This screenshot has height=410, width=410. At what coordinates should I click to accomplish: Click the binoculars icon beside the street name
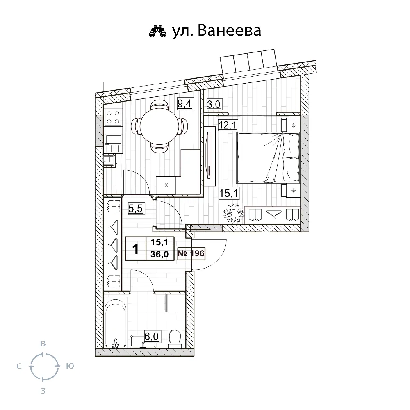(x=157, y=31)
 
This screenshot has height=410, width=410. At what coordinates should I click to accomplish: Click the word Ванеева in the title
(x=229, y=31)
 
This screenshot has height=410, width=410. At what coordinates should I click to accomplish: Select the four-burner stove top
(x=113, y=117)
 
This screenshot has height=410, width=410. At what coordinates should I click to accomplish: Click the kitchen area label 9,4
(x=184, y=104)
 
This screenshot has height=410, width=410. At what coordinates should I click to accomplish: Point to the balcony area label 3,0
(x=214, y=104)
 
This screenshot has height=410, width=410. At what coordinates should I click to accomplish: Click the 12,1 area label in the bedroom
(x=228, y=125)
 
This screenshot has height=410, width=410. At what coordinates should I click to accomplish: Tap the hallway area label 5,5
(x=135, y=208)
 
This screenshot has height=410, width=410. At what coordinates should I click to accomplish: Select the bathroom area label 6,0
(x=151, y=336)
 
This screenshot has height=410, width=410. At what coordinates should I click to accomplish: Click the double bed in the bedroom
(x=268, y=158)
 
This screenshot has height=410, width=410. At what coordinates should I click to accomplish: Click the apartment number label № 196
(x=191, y=253)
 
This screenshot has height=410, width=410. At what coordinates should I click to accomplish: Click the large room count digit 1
(x=135, y=249)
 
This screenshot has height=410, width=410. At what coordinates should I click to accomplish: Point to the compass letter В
(x=43, y=344)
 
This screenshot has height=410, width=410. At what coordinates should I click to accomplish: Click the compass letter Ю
(x=70, y=366)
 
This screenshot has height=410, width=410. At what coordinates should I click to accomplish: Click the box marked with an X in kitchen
(x=166, y=185)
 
